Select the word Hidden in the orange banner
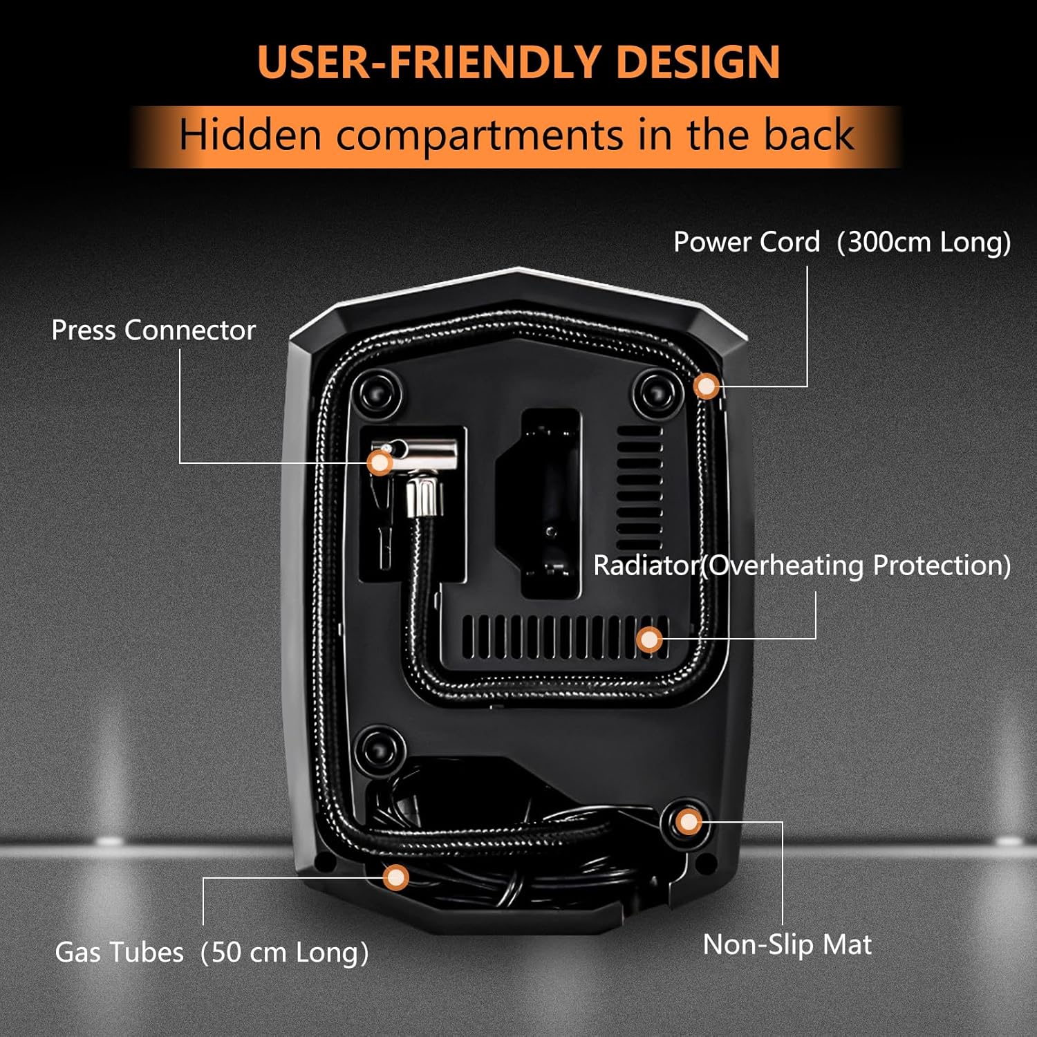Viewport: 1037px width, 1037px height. tap(250, 134)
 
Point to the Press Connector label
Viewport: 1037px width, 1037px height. tap(153, 330)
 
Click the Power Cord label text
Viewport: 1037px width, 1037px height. tap(747, 242)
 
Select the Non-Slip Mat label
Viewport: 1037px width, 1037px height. tap(787, 944)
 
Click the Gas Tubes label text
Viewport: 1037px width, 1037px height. tap(119, 952)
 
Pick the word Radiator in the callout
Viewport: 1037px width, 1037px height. tap(646, 566)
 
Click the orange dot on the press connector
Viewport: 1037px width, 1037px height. tap(380, 463)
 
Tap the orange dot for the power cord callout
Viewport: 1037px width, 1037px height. tap(707, 386)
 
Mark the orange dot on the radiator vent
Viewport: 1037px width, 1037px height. tap(648, 639)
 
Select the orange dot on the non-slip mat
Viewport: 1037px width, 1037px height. tap(688, 822)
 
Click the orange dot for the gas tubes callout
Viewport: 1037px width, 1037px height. tap(395, 877)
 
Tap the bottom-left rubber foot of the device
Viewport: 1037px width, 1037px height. tap(378, 749)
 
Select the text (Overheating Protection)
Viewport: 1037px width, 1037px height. tap(856, 566)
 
